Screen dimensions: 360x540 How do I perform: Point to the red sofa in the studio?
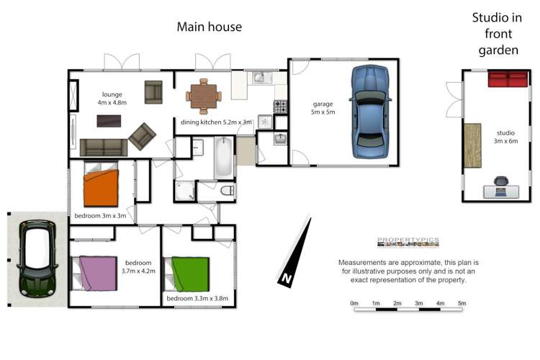click(x=508, y=78)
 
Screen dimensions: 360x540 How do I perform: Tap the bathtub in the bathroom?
click(x=224, y=158)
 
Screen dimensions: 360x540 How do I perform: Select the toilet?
click(x=225, y=191)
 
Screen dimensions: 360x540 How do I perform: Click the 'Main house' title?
click(x=210, y=27)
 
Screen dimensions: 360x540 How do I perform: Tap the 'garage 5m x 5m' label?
click(x=323, y=108)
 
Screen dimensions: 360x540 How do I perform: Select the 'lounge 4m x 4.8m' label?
click(x=112, y=99)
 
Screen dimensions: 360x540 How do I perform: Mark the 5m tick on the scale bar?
click(x=462, y=304)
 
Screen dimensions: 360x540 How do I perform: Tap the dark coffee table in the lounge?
click(x=109, y=121)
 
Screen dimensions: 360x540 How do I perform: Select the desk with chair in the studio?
click(x=500, y=189)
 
